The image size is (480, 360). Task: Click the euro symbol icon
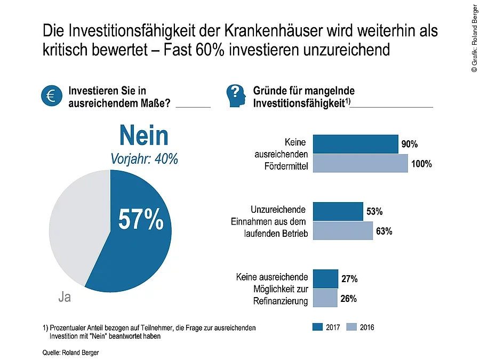click(51, 95)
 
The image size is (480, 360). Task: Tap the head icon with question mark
click(236, 95)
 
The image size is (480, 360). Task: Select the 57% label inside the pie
click(141, 219)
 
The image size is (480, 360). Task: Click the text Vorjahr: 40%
click(144, 159)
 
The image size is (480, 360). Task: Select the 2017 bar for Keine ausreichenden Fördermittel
click(355, 145)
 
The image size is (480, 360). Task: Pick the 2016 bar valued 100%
click(360, 163)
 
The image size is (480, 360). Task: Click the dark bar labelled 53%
click(338, 212)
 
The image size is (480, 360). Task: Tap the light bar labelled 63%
click(342, 230)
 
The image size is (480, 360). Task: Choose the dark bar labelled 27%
click(325, 279)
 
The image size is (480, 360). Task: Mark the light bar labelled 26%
click(325, 298)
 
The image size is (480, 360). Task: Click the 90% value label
click(410, 145)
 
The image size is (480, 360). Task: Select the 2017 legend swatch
click(317, 327)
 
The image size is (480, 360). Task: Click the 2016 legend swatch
click(351, 327)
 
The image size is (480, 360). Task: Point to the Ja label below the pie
click(64, 298)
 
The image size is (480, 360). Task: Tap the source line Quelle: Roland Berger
click(71, 353)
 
